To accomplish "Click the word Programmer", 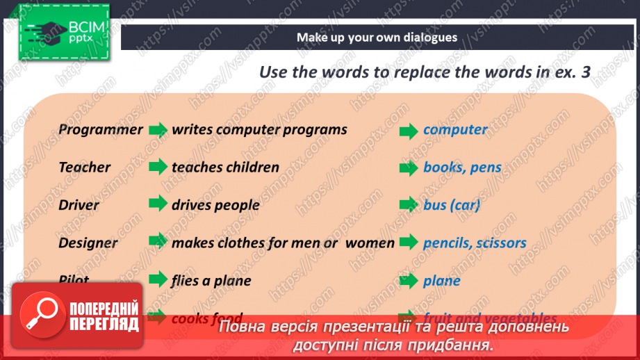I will point(101,129).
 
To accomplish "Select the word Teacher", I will point(85,167).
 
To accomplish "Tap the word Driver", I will point(79,205).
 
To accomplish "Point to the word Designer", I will point(88,243).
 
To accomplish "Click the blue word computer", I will point(455,129).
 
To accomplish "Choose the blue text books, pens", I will point(462,167).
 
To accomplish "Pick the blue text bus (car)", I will point(452,205).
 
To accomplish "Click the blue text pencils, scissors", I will point(475,243).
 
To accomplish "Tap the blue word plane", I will point(442,281).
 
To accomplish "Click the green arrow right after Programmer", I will point(158,129).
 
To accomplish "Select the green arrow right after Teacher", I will point(158,167).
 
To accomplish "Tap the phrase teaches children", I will point(225,167).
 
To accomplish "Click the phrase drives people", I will point(215,205).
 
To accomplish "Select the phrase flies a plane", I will point(211,281).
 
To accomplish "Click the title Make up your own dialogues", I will point(377,38).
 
